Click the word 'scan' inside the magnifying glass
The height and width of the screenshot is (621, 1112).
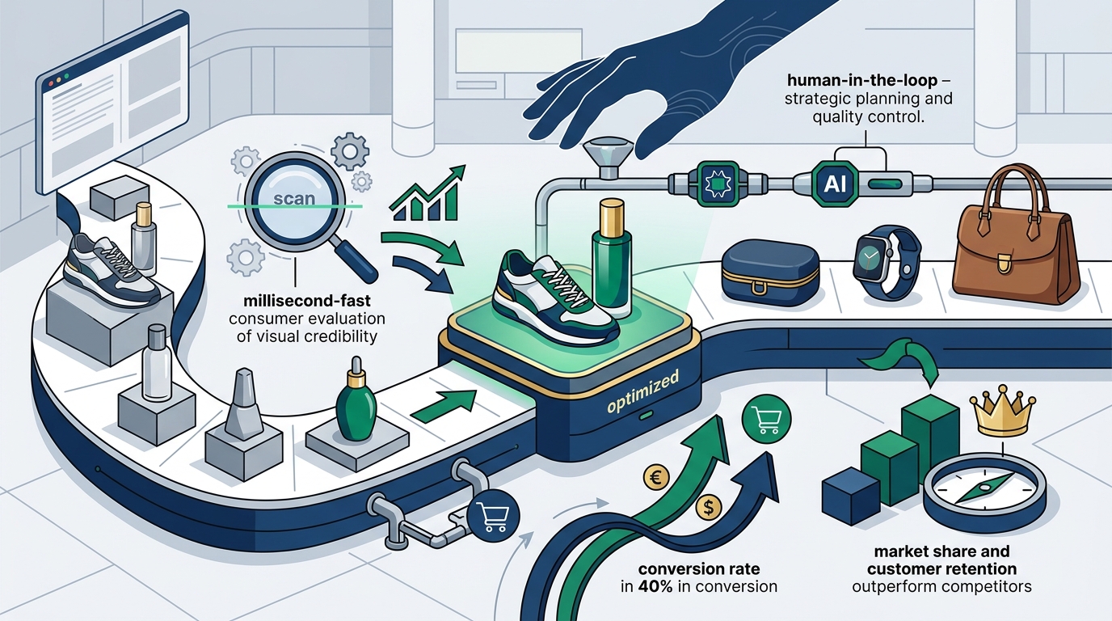[x=294, y=199]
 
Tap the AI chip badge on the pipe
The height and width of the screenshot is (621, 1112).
[x=835, y=184]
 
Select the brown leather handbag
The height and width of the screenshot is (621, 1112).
[x=1016, y=236]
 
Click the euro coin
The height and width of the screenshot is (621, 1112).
[x=655, y=477]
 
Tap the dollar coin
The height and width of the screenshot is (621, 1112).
[x=709, y=507]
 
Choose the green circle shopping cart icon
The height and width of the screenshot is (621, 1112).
[x=766, y=419]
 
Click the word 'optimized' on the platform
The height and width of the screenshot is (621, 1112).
[x=642, y=392]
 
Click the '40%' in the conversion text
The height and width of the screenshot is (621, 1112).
[x=655, y=587]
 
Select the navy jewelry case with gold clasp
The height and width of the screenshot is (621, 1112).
[x=770, y=272]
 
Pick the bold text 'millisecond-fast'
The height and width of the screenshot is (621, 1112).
[x=307, y=301]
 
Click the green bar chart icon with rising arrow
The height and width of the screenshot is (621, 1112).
[x=428, y=194]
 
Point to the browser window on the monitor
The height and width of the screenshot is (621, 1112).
[x=112, y=103]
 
